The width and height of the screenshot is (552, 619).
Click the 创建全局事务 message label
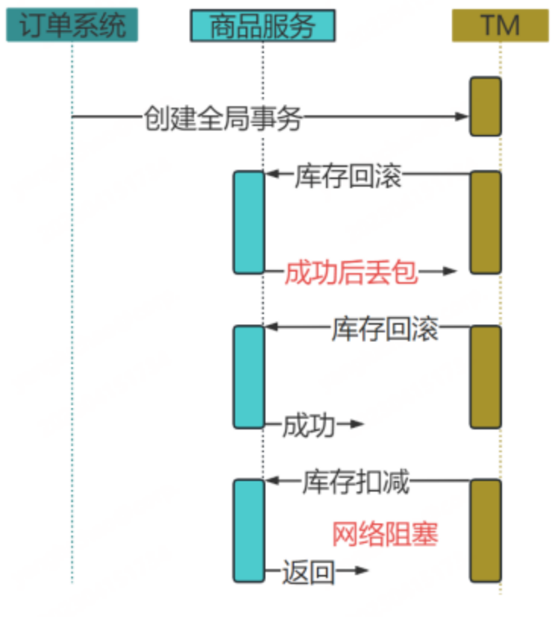[223, 118]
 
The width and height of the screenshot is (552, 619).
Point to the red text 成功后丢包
[351, 272]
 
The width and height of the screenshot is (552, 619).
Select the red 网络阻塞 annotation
[385, 535]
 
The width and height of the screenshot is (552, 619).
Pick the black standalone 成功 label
[309, 426]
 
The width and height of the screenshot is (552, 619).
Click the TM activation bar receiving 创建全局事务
[485, 106]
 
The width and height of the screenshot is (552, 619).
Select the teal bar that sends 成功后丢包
[249, 222]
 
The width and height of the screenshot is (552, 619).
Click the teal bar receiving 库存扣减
[249, 529]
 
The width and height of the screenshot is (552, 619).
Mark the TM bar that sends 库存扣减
[485, 529]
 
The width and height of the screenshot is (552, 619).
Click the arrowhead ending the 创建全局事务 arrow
[463, 117]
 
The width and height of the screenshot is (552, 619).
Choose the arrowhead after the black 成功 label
[358, 425]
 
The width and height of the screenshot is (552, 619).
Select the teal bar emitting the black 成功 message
[249, 376]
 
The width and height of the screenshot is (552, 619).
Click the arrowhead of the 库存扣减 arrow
[271, 481]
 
